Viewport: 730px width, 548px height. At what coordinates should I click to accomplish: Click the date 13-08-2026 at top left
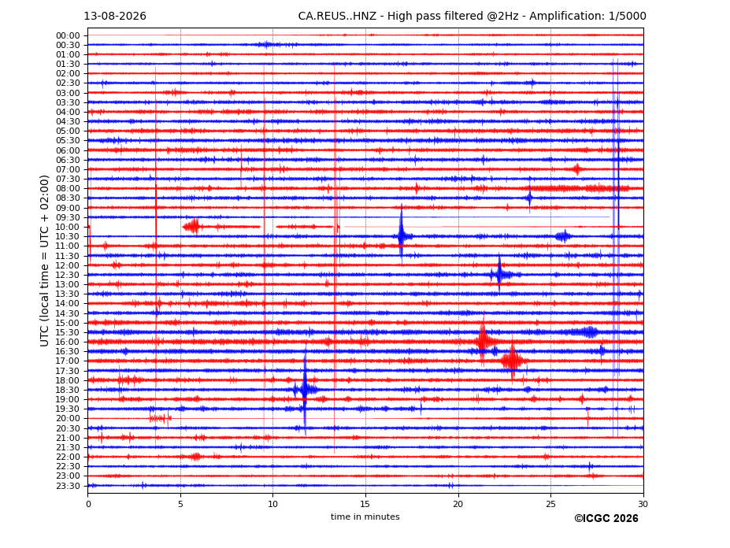point(115,17)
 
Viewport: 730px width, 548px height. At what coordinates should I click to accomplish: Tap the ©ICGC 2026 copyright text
point(606,519)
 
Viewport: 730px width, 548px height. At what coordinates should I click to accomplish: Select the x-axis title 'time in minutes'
point(365,517)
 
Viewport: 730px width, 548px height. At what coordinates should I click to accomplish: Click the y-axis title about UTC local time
point(44,261)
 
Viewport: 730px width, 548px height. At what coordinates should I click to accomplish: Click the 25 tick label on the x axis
point(550,504)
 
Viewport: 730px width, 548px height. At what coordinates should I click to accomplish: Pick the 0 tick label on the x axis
point(88,504)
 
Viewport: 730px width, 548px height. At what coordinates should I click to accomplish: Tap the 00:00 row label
point(68,36)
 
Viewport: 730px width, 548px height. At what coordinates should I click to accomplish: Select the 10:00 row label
point(68,228)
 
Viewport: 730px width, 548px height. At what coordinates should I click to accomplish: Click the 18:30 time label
point(68,391)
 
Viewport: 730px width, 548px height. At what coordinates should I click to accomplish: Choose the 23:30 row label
point(68,486)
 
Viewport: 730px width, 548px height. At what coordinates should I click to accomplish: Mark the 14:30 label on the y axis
point(68,313)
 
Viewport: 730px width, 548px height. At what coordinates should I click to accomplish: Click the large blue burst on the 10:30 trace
point(402,236)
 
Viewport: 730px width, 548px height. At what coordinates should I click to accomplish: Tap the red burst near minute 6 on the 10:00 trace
point(192,227)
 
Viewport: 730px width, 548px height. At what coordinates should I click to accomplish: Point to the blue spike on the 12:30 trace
point(499,275)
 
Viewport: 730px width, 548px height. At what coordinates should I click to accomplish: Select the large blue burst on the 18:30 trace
point(305,389)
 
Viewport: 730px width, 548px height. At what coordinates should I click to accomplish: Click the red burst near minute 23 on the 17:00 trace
point(513,361)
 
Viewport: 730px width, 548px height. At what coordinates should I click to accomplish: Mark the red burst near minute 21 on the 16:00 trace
point(483,341)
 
